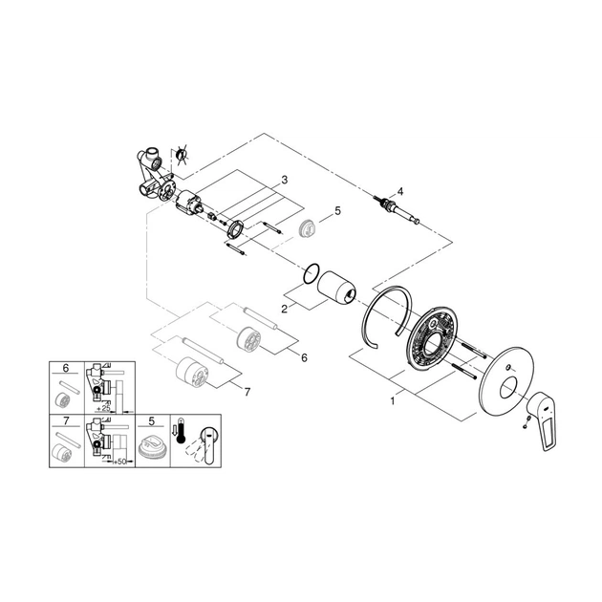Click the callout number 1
click(393, 401)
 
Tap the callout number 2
click(284, 309)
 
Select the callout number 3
click(284, 180)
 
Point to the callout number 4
click(400, 191)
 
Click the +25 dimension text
click(103, 409)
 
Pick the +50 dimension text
click(119, 462)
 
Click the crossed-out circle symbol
click(181, 155)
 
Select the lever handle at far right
click(542, 421)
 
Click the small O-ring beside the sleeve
click(311, 273)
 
